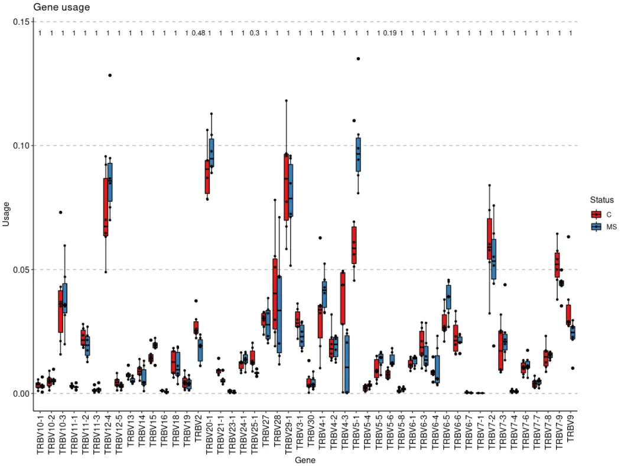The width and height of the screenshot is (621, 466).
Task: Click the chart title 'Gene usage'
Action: [x=61, y=8]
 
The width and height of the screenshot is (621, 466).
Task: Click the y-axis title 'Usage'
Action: [x=7, y=214]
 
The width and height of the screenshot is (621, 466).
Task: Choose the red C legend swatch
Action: [x=596, y=214]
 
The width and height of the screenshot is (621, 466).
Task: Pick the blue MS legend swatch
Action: [x=596, y=227]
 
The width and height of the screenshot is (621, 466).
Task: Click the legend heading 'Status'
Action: [x=602, y=200]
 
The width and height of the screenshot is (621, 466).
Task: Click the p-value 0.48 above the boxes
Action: [x=198, y=33]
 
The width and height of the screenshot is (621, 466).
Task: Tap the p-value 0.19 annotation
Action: [x=389, y=33]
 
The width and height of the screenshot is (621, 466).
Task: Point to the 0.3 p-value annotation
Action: [x=255, y=33]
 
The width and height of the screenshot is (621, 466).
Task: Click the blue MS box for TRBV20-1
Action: [x=211, y=153]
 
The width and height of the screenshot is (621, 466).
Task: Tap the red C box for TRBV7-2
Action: [x=489, y=239]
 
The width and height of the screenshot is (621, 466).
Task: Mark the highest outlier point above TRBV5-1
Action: [x=358, y=58]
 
